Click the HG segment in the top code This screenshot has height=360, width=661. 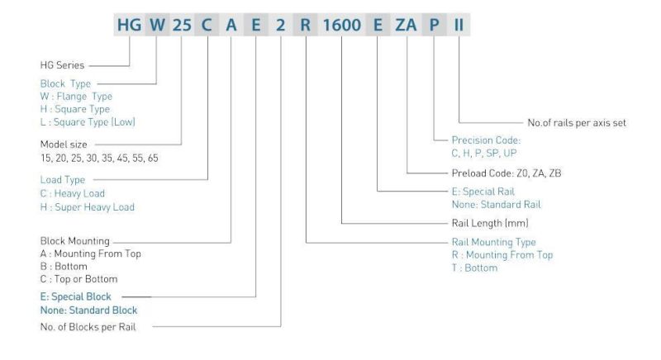pyautogui.click(x=130, y=26)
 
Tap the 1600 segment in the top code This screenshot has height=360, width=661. pyautogui.click(x=340, y=26)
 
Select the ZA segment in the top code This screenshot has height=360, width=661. pyautogui.click(x=407, y=26)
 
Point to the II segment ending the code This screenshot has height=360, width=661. pyautogui.click(x=457, y=26)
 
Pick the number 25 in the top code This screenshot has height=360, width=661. pyautogui.click(x=181, y=26)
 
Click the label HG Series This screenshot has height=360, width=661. pyautogui.click(x=62, y=63)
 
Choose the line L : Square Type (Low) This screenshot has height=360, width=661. pyautogui.click(x=88, y=122)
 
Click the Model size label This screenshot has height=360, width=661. pyautogui.click(x=64, y=144)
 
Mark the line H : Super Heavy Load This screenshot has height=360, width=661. pyautogui.click(x=87, y=206)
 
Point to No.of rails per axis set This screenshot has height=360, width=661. pyautogui.click(x=576, y=122)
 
